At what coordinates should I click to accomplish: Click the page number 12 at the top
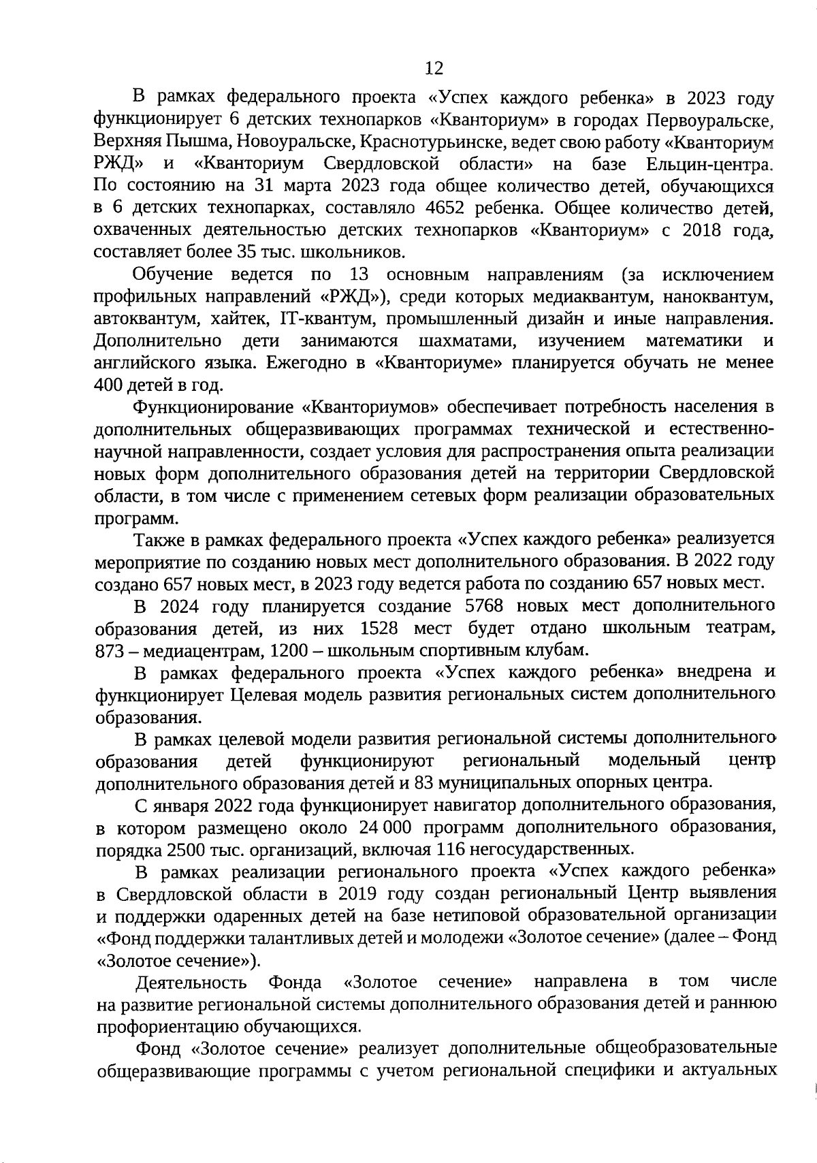pyautogui.click(x=433, y=69)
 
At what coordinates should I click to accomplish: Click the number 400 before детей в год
pyautogui.click(x=110, y=385)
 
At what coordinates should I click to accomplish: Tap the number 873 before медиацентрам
pyautogui.click(x=108, y=650)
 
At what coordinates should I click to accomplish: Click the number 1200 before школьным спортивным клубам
pyautogui.click(x=289, y=650)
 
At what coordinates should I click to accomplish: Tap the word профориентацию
pyautogui.click(x=167, y=1026)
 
